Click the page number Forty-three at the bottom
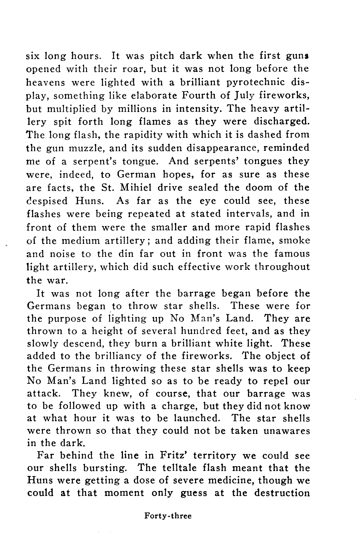tap(168, 516)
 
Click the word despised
tap(47, 201)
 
